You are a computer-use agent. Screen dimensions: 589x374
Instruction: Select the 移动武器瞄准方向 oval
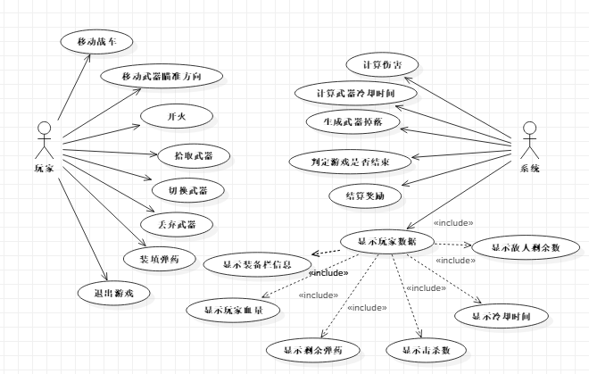(161, 78)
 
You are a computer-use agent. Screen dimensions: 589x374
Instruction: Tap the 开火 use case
(176, 117)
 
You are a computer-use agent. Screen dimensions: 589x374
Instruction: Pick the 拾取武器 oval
(195, 155)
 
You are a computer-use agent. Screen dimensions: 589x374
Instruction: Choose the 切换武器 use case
(194, 190)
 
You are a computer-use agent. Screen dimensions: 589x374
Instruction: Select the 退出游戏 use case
(108, 292)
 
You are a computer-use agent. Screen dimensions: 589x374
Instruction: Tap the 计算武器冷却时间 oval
(367, 93)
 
